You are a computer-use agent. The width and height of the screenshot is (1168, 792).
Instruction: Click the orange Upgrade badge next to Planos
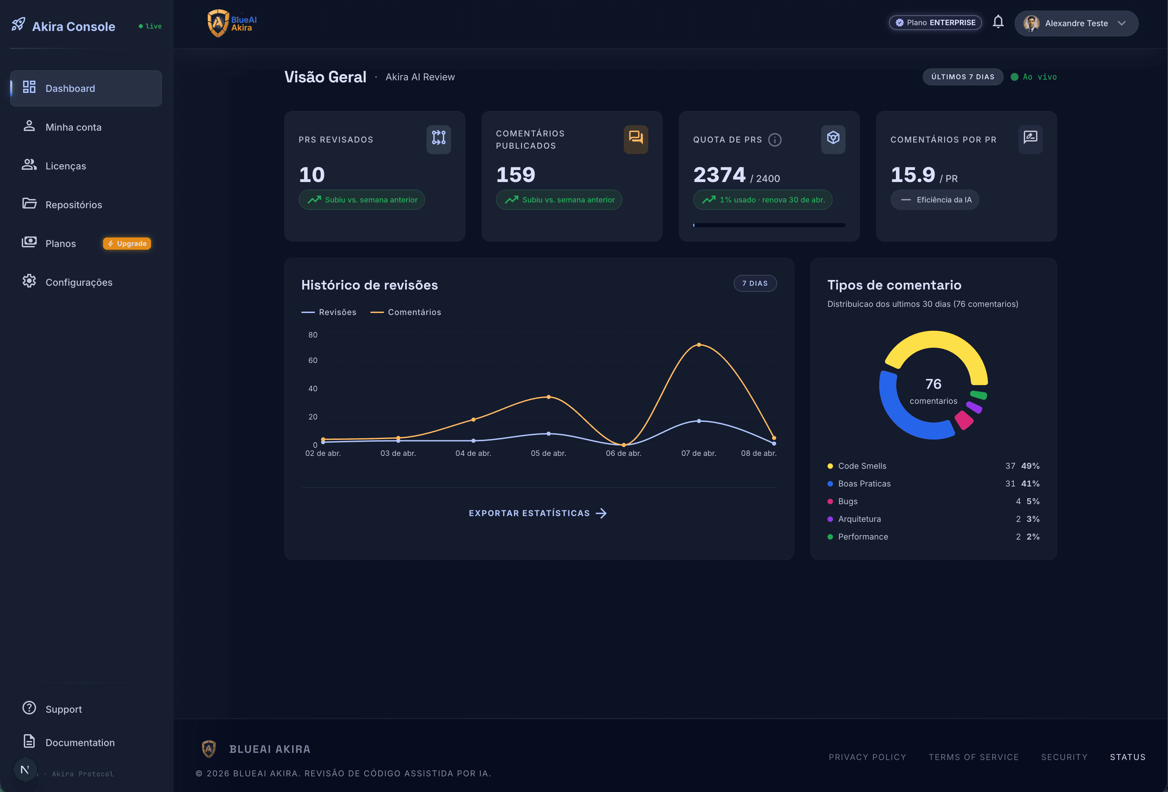[127, 244]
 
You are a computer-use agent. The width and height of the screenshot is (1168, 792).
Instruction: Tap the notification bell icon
[998, 22]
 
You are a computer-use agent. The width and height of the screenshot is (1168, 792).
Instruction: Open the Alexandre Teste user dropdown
[1076, 23]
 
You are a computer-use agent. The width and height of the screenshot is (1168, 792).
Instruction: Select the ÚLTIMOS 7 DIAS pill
[963, 77]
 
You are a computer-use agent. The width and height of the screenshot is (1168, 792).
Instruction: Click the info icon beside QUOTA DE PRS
[775, 140]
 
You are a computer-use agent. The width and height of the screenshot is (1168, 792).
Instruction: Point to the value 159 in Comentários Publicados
[516, 175]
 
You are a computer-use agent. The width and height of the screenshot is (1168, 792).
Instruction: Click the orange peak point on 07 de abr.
[699, 345]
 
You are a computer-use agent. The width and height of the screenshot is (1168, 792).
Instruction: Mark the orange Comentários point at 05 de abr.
[548, 397]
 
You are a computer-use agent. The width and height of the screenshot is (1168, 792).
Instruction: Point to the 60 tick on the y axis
[313, 360]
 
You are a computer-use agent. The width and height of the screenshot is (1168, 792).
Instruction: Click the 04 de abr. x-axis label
[473, 453]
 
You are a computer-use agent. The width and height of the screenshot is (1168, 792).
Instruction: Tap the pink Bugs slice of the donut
[964, 420]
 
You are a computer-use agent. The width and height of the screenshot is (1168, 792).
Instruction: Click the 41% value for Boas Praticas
[1030, 483]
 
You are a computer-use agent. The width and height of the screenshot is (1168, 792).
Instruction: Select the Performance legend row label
[863, 537]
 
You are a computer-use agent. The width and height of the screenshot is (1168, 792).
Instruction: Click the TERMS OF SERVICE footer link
[973, 757]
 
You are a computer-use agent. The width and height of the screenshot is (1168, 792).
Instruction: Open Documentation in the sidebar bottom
[80, 742]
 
